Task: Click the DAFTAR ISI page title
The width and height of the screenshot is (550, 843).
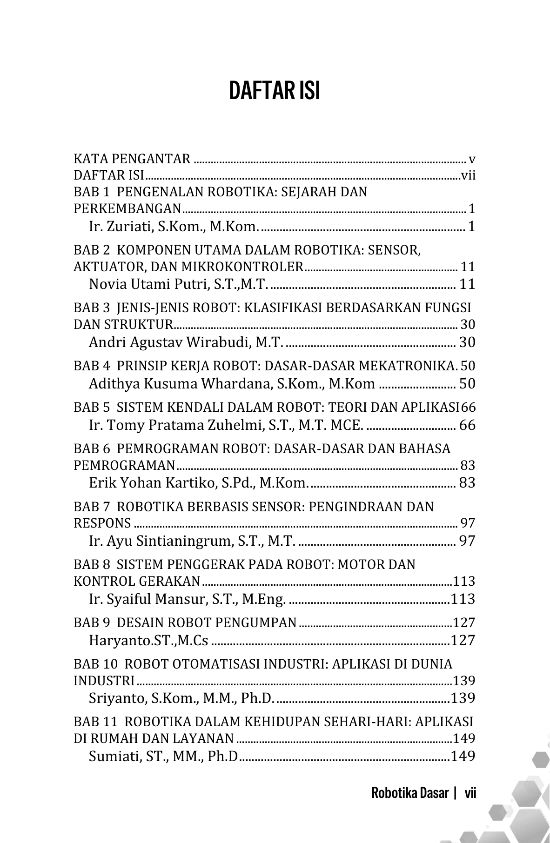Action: click(275, 91)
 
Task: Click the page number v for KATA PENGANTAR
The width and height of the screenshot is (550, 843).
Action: click(472, 160)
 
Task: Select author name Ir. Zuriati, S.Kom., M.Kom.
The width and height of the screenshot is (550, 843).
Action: click(174, 227)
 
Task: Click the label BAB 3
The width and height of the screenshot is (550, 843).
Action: click(92, 308)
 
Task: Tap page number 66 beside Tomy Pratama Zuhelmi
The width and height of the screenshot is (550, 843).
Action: click(467, 425)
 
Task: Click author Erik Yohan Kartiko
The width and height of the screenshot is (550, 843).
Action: click(198, 483)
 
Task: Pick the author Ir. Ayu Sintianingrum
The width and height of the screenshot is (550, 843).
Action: click(191, 541)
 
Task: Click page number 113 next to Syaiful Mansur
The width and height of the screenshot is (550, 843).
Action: click(463, 599)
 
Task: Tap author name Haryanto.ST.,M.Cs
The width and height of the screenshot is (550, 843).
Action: click(148, 641)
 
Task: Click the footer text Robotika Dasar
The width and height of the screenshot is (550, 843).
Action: click(410, 793)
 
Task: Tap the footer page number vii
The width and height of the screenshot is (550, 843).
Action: click(470, 793)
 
